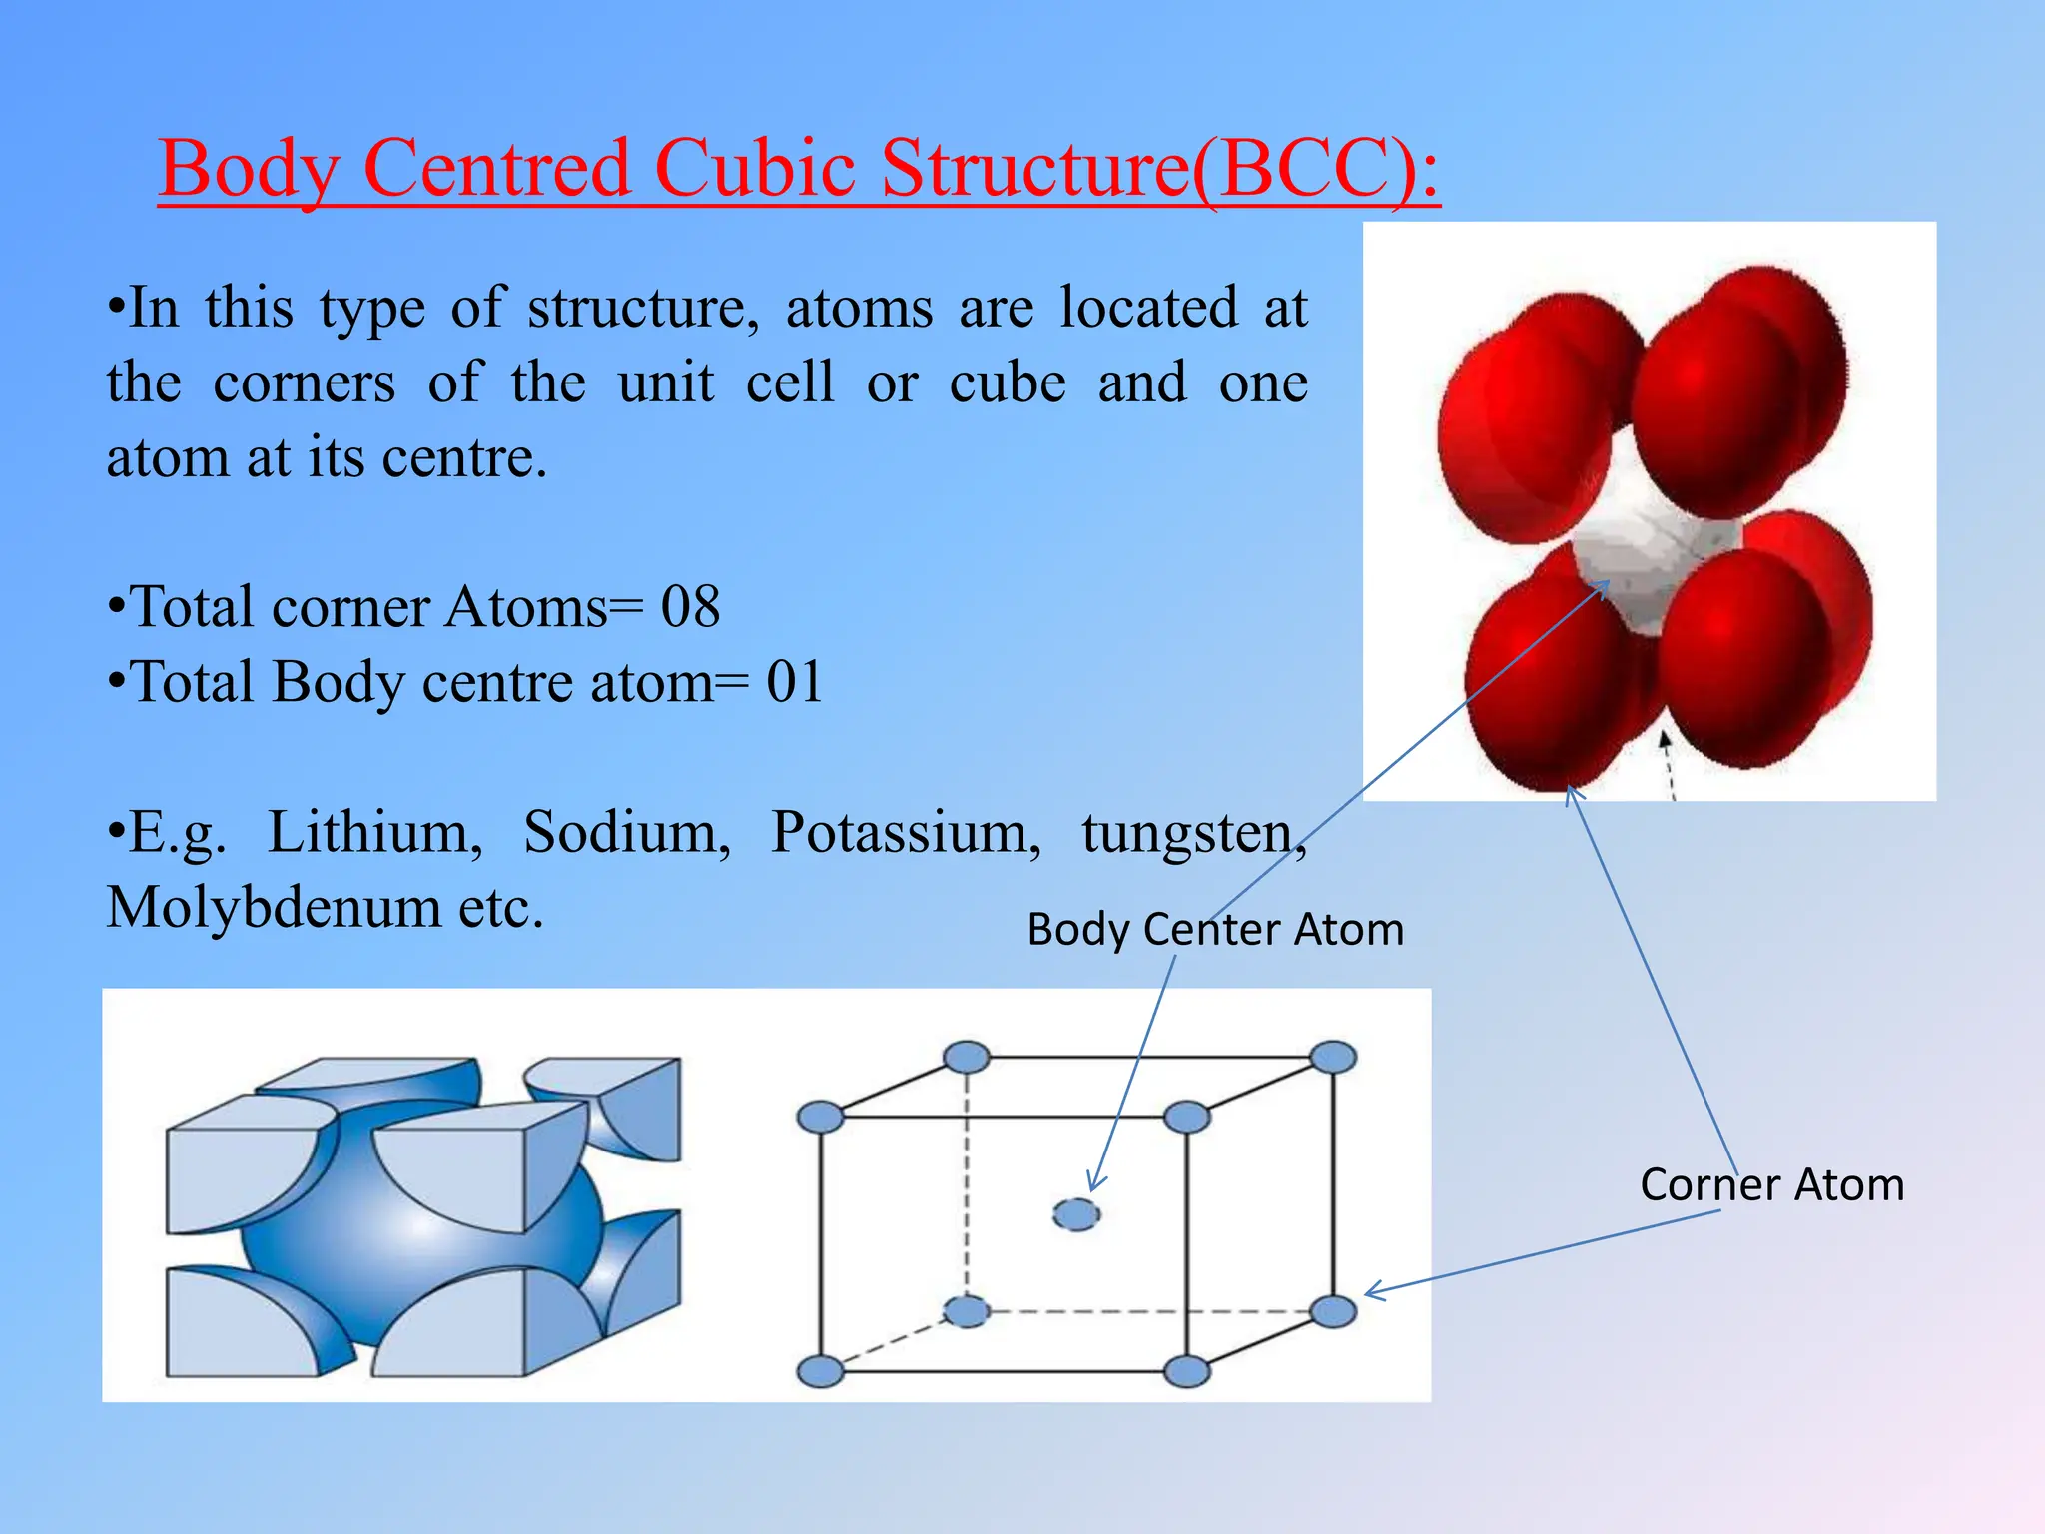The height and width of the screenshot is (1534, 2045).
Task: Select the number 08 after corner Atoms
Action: [690, 606]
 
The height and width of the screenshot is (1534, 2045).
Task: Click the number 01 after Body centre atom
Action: [795, 682]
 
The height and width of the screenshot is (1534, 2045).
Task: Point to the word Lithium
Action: [374, 832]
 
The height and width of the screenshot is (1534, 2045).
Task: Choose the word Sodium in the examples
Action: [627, 832]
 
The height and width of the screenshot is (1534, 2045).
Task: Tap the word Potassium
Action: [906, 832]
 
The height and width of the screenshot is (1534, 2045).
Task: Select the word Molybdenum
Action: [274, 908]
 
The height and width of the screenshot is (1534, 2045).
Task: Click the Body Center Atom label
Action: [1215, 930]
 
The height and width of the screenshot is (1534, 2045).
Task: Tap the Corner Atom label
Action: [1771, 1185]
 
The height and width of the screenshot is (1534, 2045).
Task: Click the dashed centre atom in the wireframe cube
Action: [1076, 1214]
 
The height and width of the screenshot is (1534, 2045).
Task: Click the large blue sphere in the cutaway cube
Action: [419, 1238]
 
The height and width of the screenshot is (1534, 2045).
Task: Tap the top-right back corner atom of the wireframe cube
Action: [1333, 1057]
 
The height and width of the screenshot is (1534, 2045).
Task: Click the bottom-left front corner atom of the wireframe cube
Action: [821, 1371]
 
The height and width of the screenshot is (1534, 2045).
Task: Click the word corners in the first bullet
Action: [304, 383]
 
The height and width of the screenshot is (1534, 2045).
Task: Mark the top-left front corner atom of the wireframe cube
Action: [821, 1117]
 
